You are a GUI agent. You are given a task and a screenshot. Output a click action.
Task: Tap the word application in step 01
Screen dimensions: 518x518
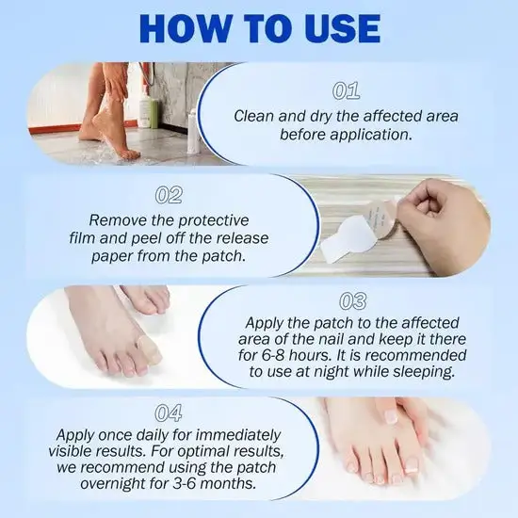tap(374, 136)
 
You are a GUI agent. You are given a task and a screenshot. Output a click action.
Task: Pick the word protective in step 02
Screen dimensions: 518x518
tap(213, 220)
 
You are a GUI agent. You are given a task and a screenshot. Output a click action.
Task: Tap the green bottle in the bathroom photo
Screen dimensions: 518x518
tap(147, 111)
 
